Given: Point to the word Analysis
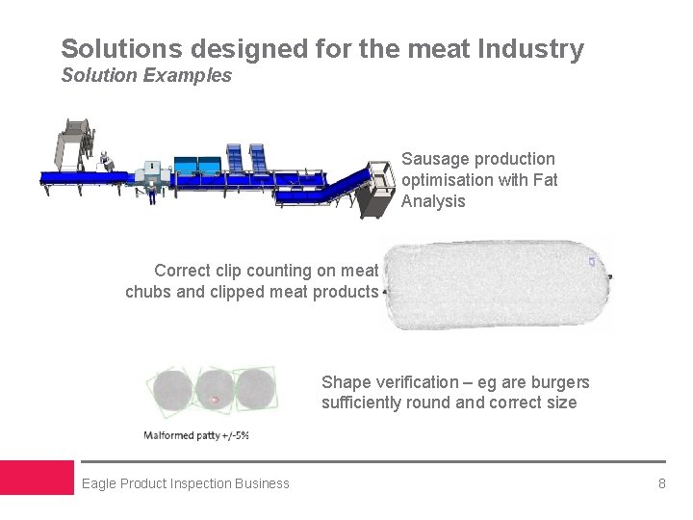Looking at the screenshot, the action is (x=433, y=201).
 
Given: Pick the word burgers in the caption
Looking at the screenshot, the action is (x=558, y=382).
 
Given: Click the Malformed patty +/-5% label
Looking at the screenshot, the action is (x=196, y=435).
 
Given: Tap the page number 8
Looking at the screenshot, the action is (x=661, y=483).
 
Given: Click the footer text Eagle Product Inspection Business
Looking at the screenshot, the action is (x=186, y=483).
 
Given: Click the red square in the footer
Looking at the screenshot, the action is (x=37, y=478).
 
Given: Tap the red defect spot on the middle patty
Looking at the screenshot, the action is (x=215, y=399).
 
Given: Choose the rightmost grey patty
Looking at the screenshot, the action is (x=253, y=391).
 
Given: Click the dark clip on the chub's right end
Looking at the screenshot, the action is (x=610, y=277).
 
